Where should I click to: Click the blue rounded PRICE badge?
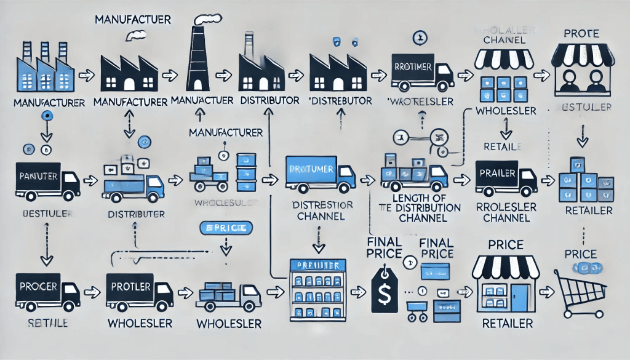(227, 228)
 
